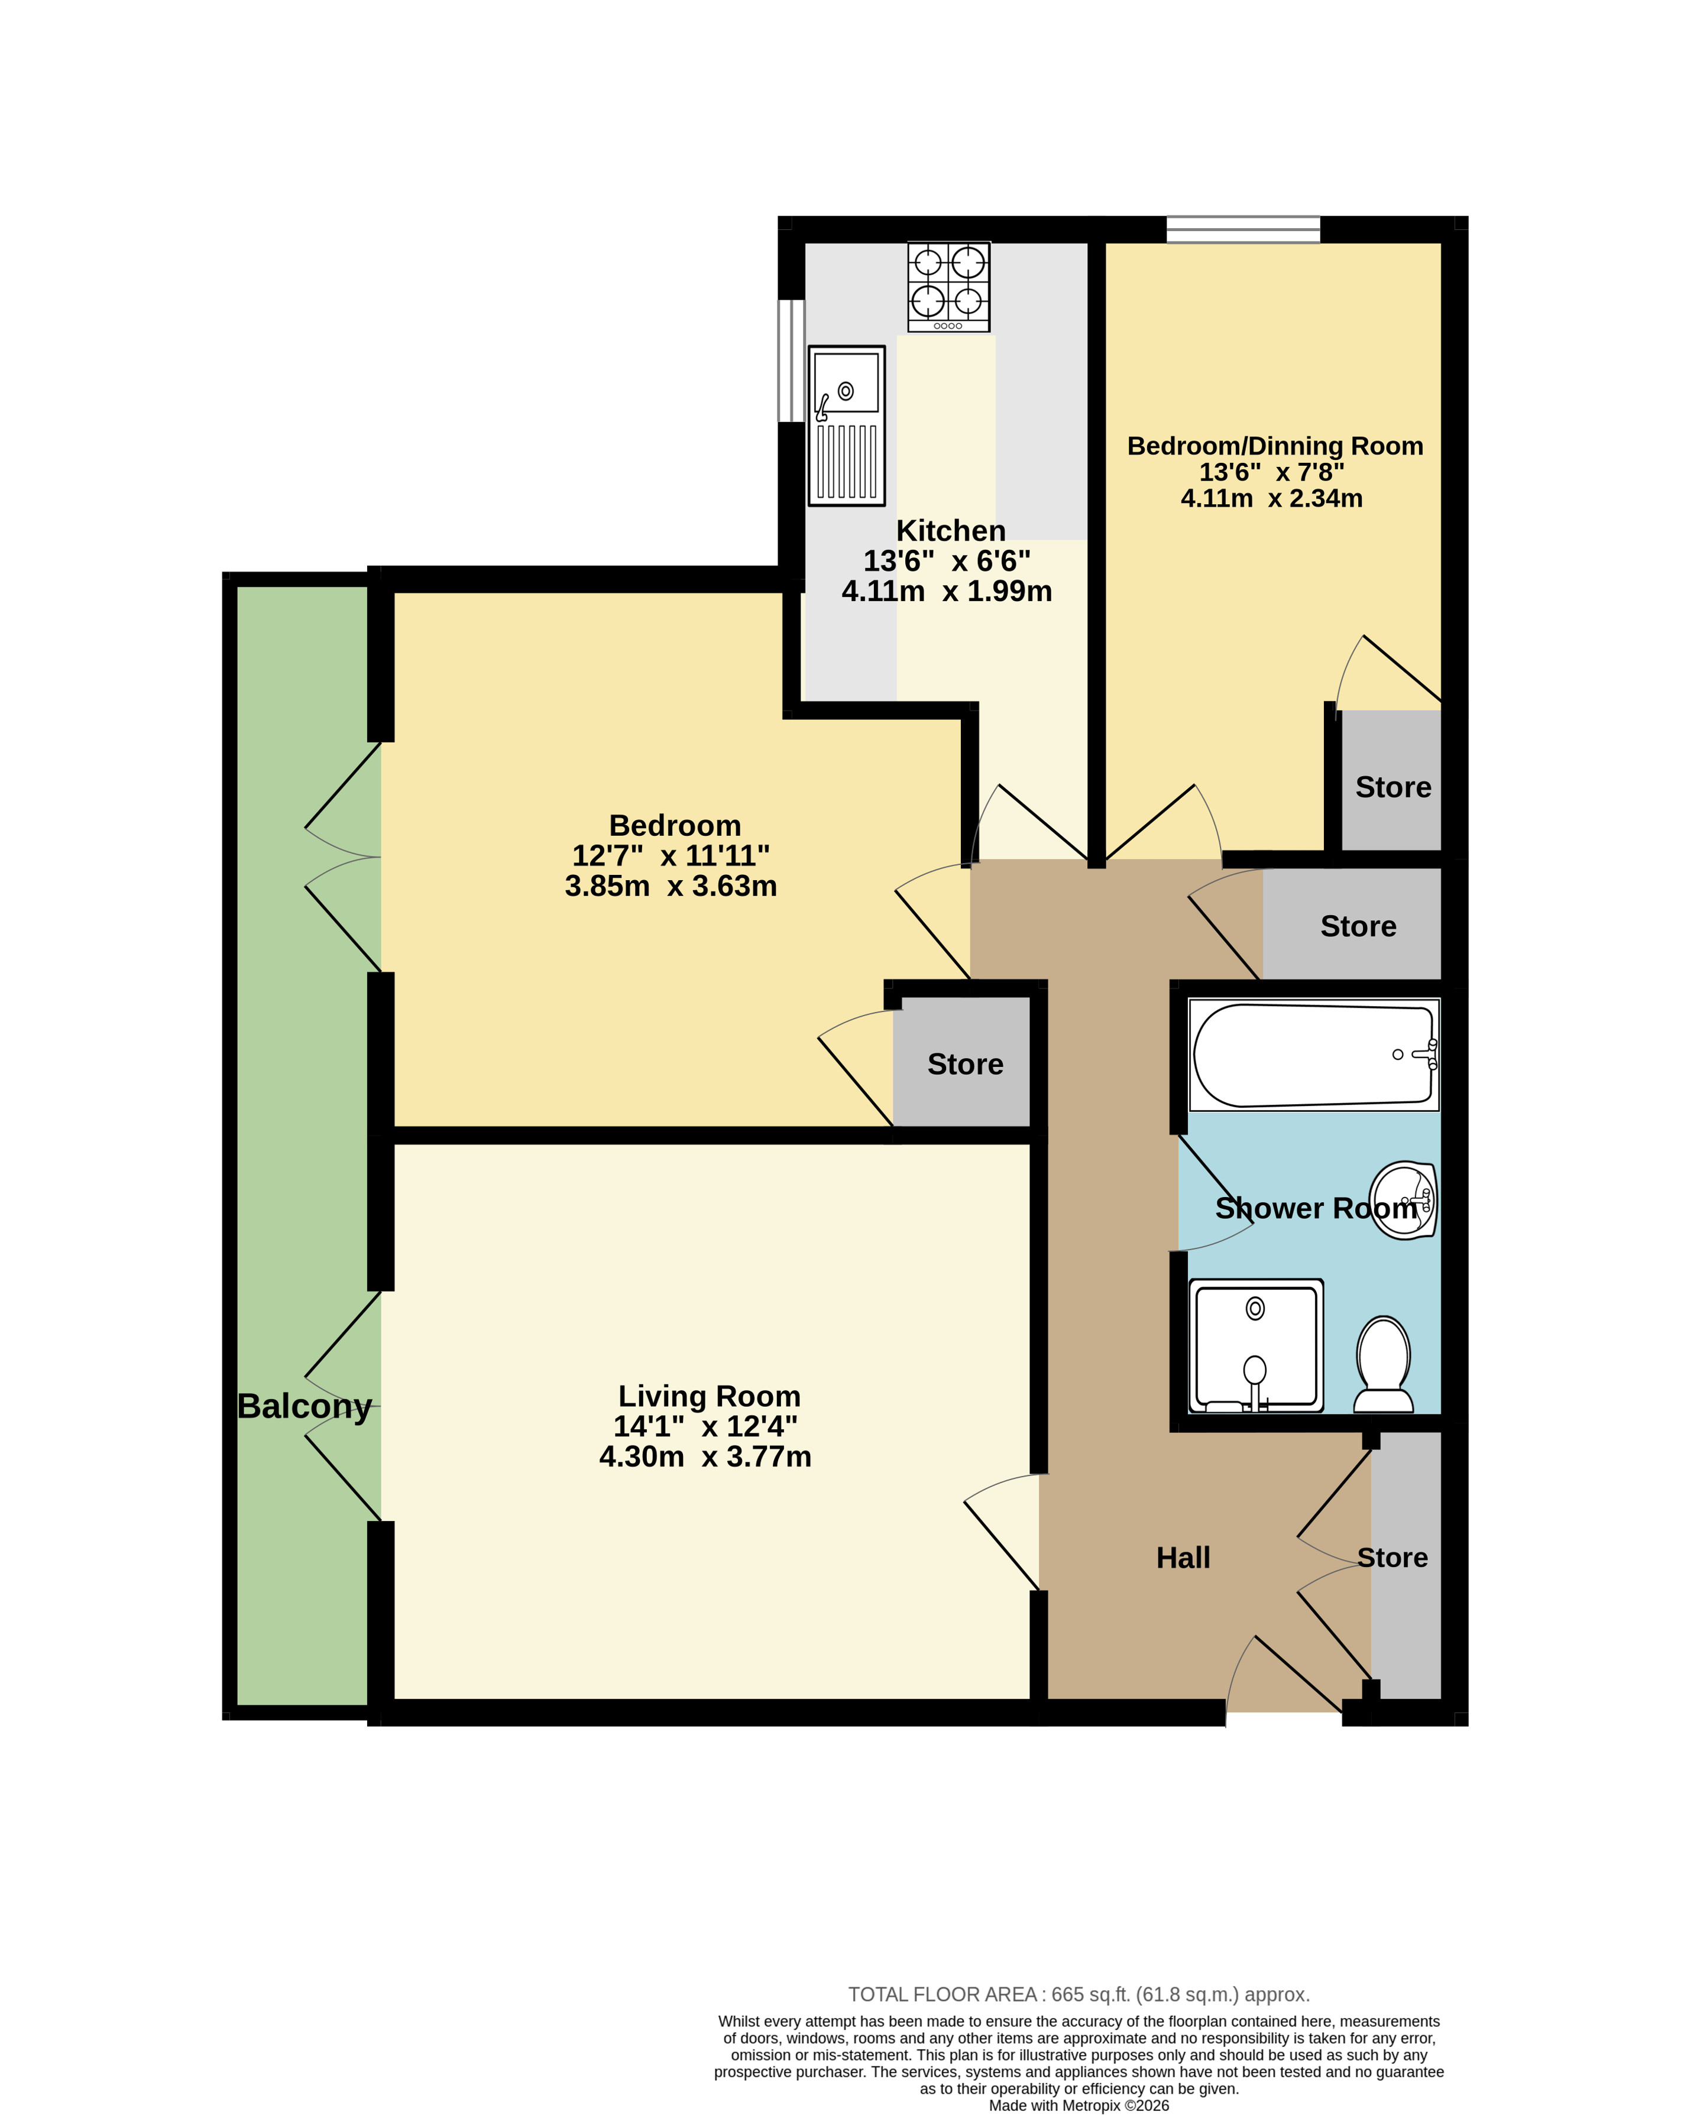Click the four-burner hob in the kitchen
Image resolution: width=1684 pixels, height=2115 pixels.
(948, 287)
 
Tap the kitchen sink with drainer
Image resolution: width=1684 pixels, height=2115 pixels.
(846, 425)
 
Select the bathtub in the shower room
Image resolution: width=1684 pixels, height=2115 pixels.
(1313, 1055)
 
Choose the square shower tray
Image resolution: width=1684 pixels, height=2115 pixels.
(1255, 1345)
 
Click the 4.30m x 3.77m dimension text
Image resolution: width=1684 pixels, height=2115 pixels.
(705, 1457)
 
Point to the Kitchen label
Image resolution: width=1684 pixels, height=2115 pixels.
(950, 531)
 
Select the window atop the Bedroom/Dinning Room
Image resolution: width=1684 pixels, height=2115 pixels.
(1243, 229)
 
